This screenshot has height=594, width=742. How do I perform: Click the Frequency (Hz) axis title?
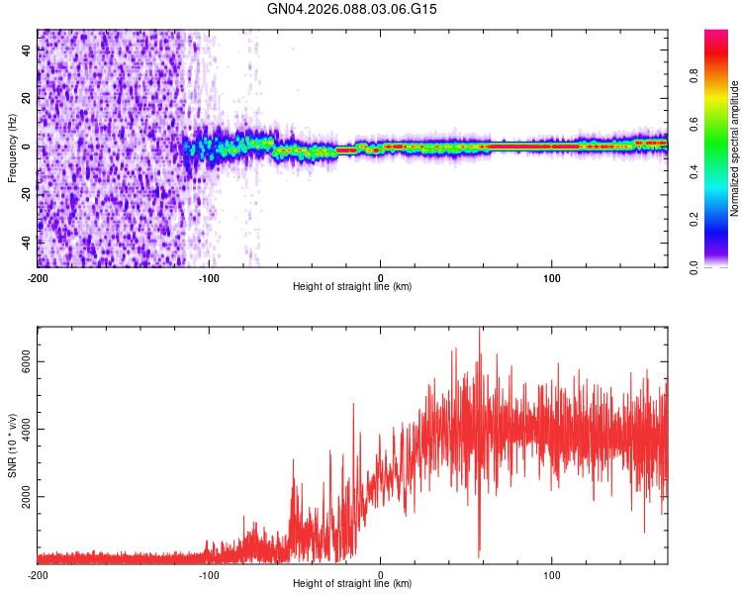(x=12, y=148)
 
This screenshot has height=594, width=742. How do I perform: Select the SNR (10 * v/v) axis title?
(x=12, y=445)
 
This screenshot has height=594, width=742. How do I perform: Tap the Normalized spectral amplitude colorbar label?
(x=734, y=148)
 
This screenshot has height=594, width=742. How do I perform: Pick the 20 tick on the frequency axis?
(x=27, y=99)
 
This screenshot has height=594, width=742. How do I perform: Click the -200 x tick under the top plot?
(x=38, y=276)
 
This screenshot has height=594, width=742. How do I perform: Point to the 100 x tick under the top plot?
(x=552, y=276)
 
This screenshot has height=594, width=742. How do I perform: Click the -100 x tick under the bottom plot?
(x=209, y=573)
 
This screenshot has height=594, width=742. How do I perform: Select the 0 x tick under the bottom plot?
(x=381, y=573)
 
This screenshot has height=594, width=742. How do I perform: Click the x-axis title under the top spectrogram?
(x=352, y=287)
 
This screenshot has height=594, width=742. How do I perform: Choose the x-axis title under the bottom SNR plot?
(x=352, y=584)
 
